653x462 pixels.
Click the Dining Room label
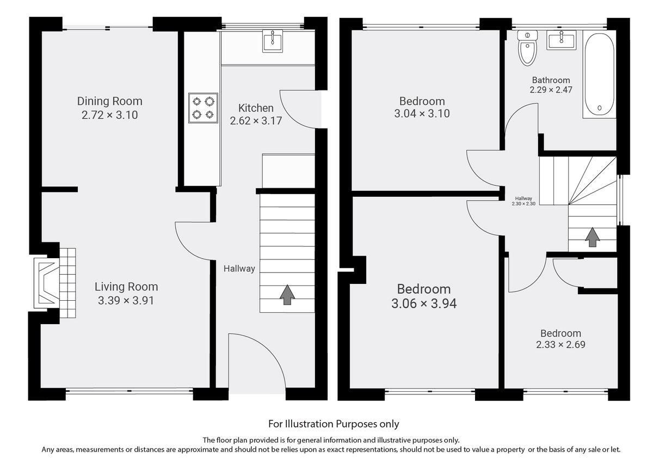click(x=109, y=101)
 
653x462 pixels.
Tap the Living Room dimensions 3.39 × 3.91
click(x=126, y=300)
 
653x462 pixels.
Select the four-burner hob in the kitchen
click(x=203, y=107)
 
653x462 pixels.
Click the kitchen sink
click(x=273, y=41)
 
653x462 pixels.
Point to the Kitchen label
click(x=256, y=108)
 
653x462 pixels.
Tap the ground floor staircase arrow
click(x=287, y=294)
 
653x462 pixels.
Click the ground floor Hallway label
click(x=239, y=269)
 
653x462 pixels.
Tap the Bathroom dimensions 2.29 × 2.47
click(x=551, y=90)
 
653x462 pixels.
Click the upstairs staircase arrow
click(x=593, y=237)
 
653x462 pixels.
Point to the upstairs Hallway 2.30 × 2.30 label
click(x=523, y=201)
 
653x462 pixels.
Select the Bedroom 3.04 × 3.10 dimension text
click(x=422, y=114)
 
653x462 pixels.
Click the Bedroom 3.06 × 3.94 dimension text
click(x=423, y=303)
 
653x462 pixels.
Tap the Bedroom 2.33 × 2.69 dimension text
click(x=560, y=344)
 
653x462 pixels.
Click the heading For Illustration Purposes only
click(x=334, y=423)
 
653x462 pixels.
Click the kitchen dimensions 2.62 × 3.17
click(x=256, y=121)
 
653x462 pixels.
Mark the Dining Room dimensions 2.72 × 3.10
click(x=109, y=114)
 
